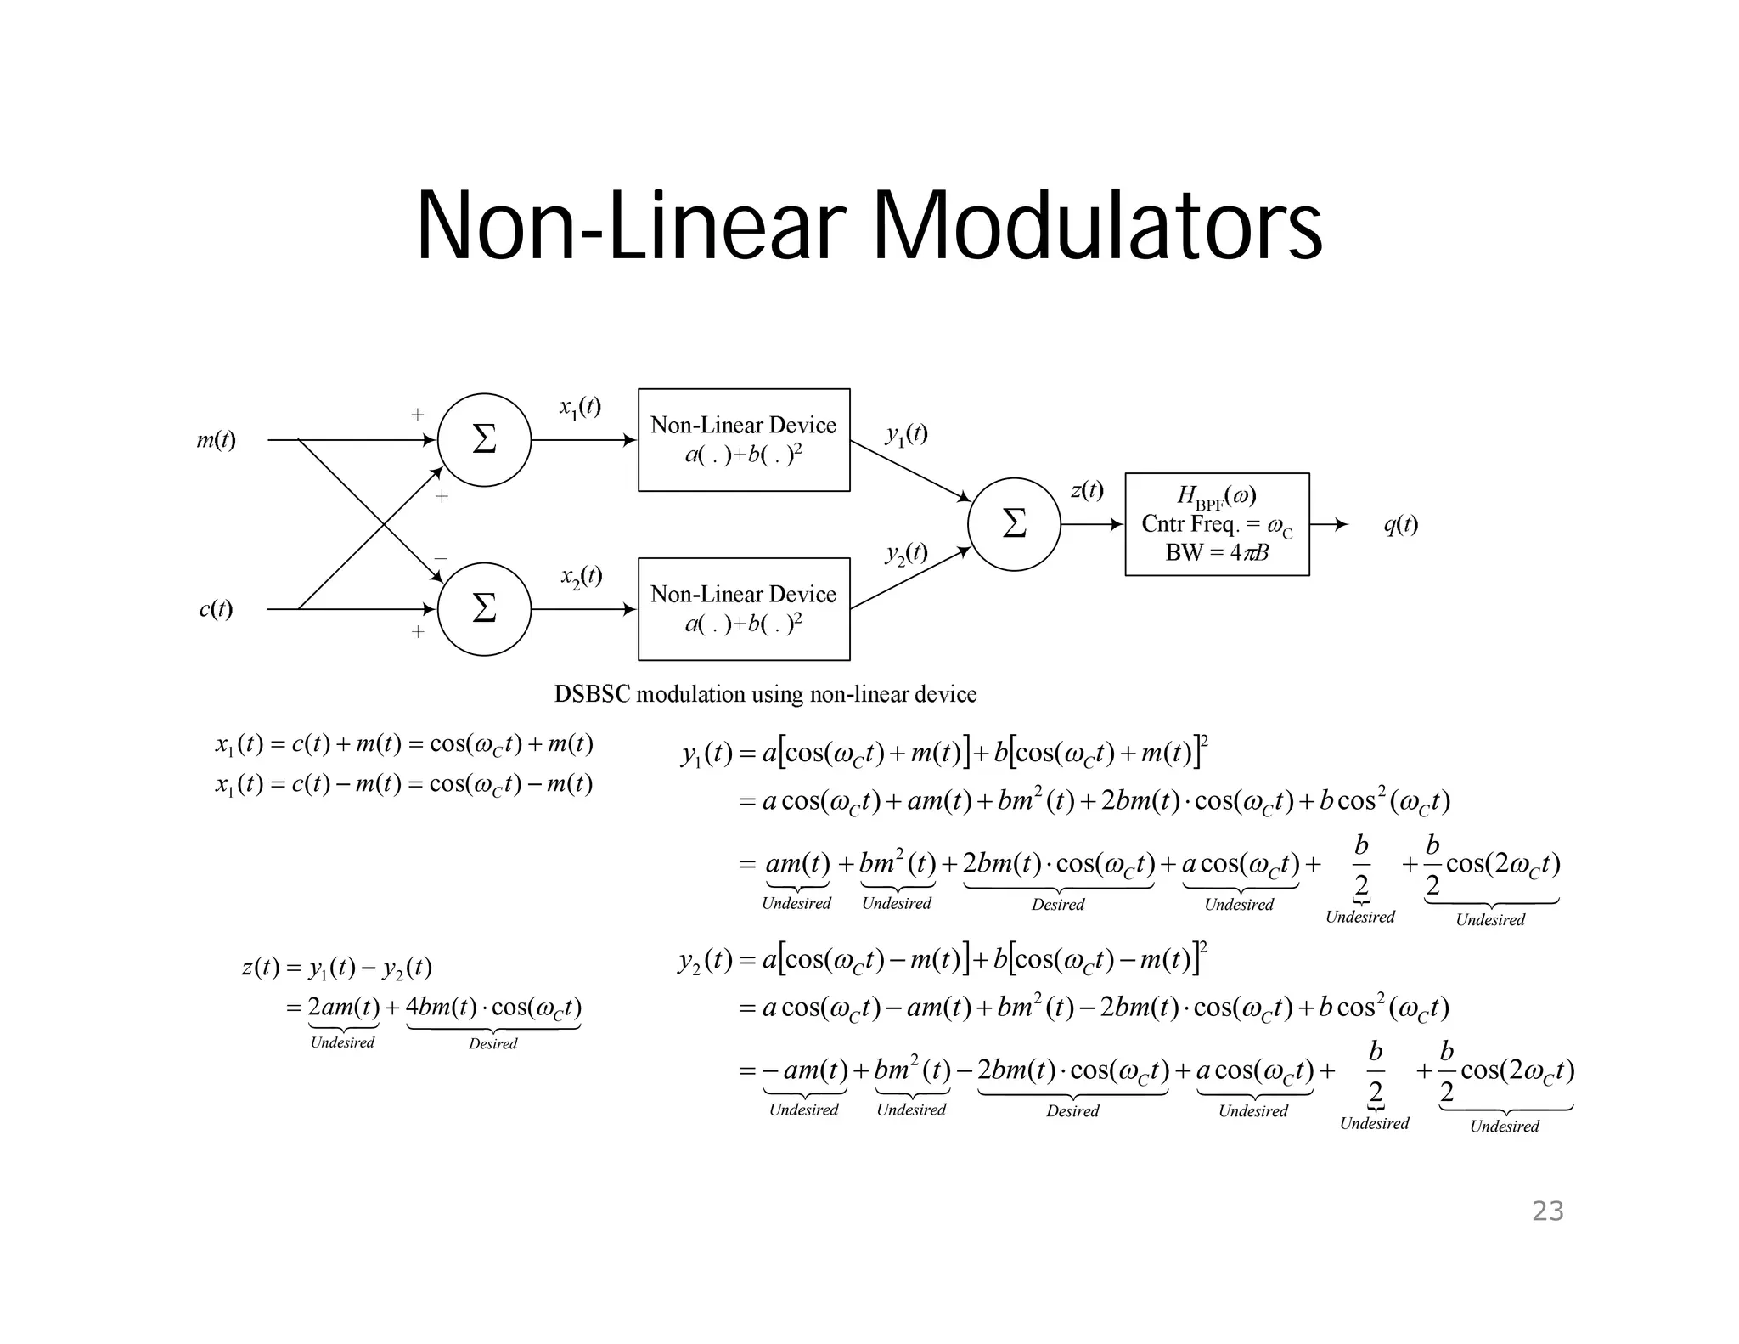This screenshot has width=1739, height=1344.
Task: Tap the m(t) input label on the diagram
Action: [x=217, y=440]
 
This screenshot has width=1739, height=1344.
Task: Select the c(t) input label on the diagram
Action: [x=216, y=609]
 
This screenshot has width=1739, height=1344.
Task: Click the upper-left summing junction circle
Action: [x=484, y=440]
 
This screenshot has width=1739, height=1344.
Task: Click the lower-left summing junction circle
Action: [x=484, y=609]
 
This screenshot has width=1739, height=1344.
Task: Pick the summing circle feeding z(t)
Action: [x=1014, y=524]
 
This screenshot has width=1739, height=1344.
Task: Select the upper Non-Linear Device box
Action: [x=744, y=440]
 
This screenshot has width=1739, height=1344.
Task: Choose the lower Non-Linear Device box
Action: [x=744, y=609]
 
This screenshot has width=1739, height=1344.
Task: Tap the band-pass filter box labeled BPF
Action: [x=1217, y=524]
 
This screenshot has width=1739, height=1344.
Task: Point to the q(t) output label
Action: [x=1400, y=525]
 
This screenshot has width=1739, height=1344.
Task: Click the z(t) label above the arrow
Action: [x=1087, y=490]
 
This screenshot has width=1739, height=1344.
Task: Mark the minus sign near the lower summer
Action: [x=441, y=558]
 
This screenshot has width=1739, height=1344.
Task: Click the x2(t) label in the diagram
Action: [x=582, y=577]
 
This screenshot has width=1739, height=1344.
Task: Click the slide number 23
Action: [x=1547, y=1211]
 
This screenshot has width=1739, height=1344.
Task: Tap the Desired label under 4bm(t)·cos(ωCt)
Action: [x=492, y=1044]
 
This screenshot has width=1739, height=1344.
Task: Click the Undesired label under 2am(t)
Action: [x=342, y=1042]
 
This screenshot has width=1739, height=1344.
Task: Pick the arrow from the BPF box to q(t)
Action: [x=1330, y=524]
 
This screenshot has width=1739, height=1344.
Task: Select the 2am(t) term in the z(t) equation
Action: [x=343, y=1008]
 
